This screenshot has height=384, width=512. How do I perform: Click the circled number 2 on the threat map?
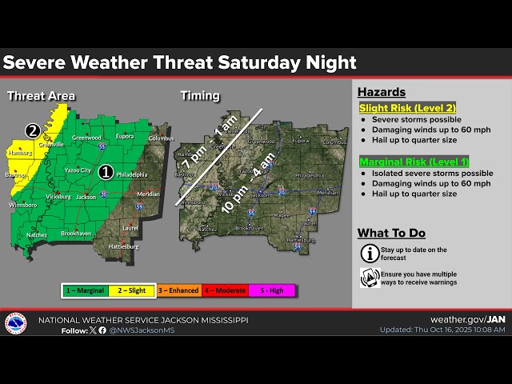point(32,130)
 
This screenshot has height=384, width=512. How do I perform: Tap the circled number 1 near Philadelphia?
point(106,170)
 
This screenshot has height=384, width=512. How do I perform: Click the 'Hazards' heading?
point(381,92)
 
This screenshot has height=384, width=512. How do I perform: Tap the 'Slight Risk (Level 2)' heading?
point(407,107)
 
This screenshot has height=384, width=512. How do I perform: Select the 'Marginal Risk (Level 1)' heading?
point(414,162)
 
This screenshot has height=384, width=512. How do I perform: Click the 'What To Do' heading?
point(391,233)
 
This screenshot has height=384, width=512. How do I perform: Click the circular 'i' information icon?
point(370,254)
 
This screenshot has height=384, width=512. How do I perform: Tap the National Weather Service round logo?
point(15,323)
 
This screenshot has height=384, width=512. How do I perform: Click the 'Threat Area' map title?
point(41,96)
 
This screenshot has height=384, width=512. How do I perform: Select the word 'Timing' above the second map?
point(199,95)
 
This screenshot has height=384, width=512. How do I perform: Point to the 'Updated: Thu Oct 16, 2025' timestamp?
point(444,330)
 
